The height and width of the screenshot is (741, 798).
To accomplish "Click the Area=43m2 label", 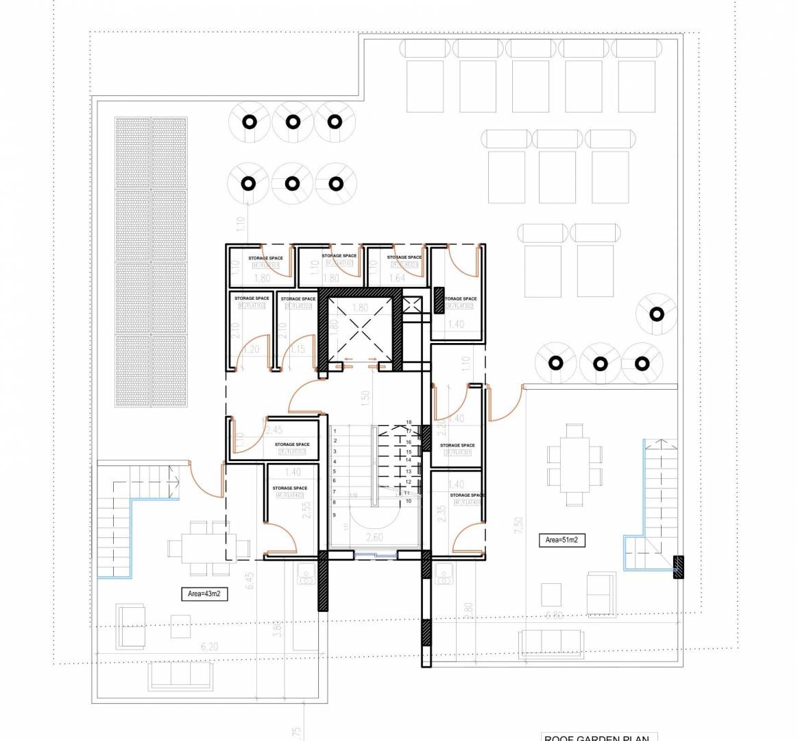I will coord(204,594).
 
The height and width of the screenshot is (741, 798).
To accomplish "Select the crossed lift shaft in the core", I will coord(360,332).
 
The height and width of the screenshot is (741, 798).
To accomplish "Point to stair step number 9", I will coord(335,514).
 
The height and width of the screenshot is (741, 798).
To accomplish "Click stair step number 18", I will coord(409,423).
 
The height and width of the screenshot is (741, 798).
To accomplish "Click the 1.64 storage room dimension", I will coord(397,278).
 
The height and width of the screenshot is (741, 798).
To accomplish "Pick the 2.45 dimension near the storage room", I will coord(274,430).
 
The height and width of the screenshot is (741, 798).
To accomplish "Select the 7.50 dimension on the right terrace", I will coord(518,525).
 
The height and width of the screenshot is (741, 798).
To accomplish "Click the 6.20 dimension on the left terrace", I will coord(209,646).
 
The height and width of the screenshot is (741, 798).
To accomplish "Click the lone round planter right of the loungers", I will coord(657,315).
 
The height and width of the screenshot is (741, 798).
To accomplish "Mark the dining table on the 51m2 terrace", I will coord(575,455).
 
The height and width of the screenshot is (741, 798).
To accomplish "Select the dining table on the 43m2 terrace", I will coord(199,548).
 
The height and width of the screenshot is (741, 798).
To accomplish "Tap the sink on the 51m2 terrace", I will coord(444,573).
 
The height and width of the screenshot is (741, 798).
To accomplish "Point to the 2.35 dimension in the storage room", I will coord(442,513).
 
